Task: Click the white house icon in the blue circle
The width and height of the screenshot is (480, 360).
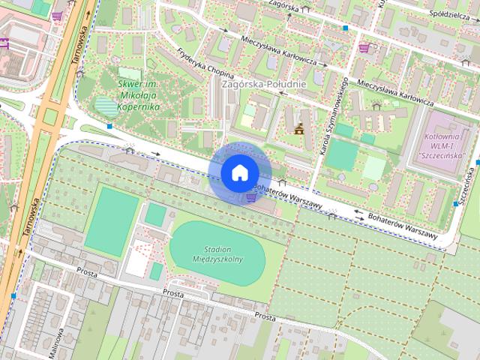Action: pos(239,172)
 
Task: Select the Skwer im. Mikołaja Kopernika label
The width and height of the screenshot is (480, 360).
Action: pos(139,95)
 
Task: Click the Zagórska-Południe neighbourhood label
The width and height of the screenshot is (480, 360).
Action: pos(263,84)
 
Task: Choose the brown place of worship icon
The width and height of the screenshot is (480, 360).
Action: pos(300,128)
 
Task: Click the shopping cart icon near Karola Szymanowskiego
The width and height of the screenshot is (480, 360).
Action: pos(364,48)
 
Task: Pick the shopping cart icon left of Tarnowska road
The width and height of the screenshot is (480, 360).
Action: pos(58,15)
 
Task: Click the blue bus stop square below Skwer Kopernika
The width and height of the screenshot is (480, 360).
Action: pos(110,127)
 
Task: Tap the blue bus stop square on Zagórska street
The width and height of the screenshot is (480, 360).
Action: pos(345,28)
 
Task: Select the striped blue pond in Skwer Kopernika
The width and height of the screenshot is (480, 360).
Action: pos(107,106)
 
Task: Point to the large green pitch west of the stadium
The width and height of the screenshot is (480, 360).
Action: pos(112,219)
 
